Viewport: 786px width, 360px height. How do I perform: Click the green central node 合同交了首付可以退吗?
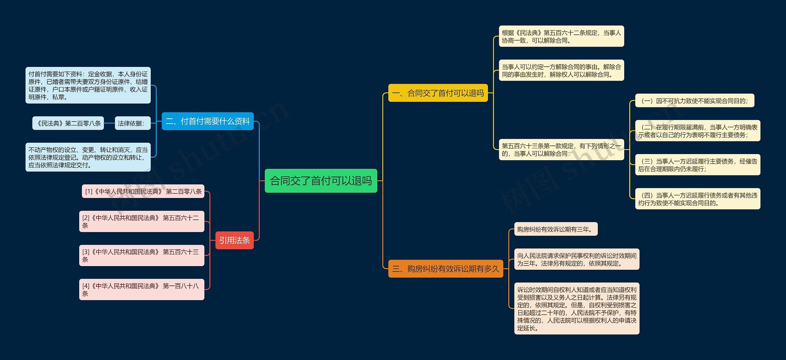pos(321,181)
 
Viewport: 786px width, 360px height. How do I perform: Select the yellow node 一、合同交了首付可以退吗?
pos(438,93)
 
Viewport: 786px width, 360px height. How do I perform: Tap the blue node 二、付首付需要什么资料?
pos(208,121)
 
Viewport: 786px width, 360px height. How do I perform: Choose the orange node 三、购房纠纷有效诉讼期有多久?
pos(446,269)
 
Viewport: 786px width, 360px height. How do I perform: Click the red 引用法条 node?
pos(234,240)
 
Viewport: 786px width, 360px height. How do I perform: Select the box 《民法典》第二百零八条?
pos(68,123)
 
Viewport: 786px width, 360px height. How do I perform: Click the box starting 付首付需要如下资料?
pos(88,85)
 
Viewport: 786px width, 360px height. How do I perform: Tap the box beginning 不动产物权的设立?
pos(88,157)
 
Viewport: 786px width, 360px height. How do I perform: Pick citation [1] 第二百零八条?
pos(143,191)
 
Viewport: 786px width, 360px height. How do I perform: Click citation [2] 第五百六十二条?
pos(142,221)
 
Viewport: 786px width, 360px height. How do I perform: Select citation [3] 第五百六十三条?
pos(142,255)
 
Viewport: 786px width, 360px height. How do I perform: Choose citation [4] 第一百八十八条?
pos(142,289)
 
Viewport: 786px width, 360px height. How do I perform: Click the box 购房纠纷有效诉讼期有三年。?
pos(556,229)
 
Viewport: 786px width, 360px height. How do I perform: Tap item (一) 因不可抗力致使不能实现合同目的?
pos(695,100)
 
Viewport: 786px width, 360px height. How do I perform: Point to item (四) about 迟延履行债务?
pos(698,199)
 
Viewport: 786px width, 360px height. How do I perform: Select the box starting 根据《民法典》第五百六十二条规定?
pos(561,36)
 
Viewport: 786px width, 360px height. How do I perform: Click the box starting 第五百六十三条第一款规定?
pos(561,149)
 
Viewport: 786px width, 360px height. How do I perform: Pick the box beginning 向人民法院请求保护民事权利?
pos(577,259)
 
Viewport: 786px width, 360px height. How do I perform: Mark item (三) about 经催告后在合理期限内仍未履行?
pos(698,165)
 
